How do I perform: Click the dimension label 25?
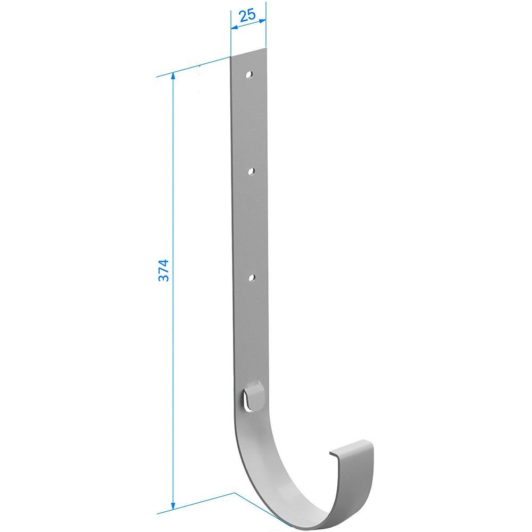[x=247, y=16]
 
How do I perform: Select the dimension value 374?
[x=163, y=270]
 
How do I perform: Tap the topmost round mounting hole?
[x=250, y=74]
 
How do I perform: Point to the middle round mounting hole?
[x=252, y=171]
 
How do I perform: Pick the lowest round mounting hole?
[x=252, y=278]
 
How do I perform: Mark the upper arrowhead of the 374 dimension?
[x=173, y=76]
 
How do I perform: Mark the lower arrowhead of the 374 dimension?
[x=173, y=506]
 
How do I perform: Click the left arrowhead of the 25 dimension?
[x=234, y=27]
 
